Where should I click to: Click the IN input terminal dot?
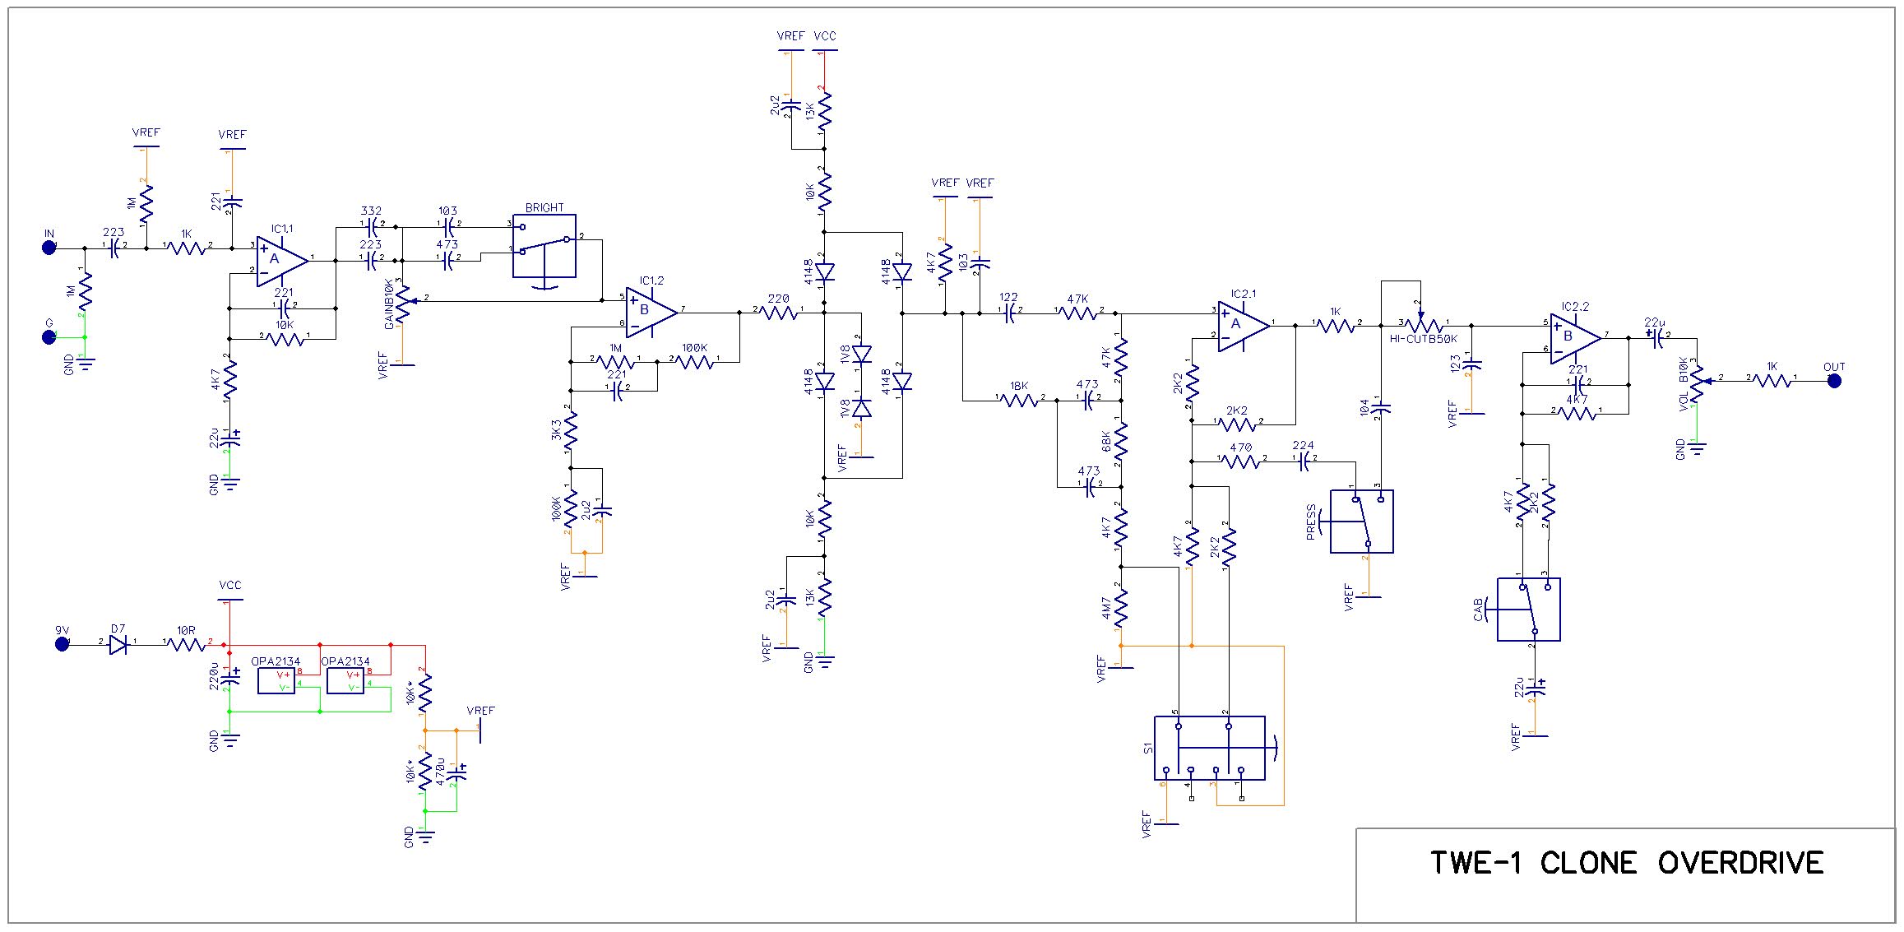[x=49, y=248]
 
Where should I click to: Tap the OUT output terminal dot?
[x=1833, y=381]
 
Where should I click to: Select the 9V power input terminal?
[x=62, y=643]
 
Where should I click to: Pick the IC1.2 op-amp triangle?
[x=650, y=312]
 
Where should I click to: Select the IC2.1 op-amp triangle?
[x=1241, y=326]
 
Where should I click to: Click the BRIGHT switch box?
[x=544, y=247]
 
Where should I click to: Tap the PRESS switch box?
[x=1361, y=521]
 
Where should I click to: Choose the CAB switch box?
[x=1528, y=610]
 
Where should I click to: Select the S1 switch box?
[x=1209, y=748]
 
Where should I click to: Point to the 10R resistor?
[x=187, y=644]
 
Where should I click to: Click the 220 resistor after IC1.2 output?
[x=778, y=313]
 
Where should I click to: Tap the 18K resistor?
[x=1020, y=400]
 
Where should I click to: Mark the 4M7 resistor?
[x=1120, y=608]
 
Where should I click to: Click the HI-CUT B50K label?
[x=1423, y=338]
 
